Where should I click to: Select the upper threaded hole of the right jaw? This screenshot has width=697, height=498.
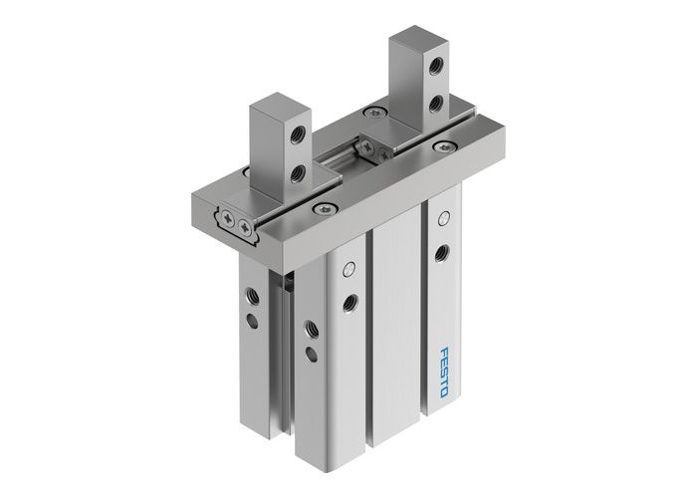coord(436,69)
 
